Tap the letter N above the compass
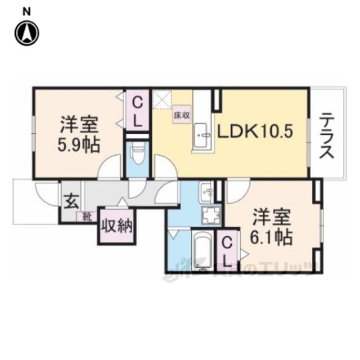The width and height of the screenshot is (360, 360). coord(26,11)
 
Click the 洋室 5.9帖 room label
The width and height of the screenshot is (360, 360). coord(79,135)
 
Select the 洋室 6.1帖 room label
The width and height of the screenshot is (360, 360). coord(271,227)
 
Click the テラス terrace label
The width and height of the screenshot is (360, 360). coord(328,136)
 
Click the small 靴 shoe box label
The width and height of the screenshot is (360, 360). coord(87,215)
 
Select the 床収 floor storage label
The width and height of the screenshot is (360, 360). coord(180,115)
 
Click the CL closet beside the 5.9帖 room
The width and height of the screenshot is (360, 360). coord(137,110)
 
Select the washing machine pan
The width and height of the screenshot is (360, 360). coord(211,216)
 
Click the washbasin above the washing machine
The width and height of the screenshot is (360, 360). coord(206,193)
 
